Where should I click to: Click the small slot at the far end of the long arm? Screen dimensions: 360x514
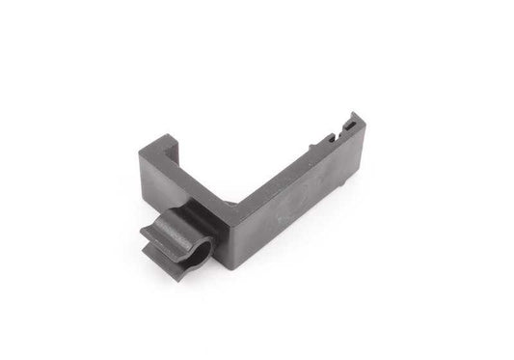coord(345,125)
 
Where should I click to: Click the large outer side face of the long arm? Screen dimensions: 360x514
coord(289,193)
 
